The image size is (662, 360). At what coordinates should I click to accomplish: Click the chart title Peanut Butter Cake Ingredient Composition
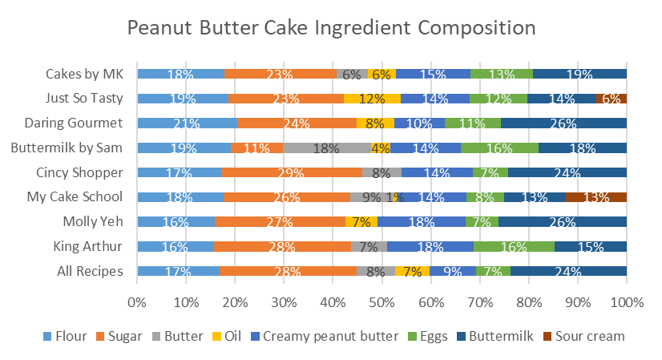[x=331, y=29]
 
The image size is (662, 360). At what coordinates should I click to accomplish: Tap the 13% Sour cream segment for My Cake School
[x=595, y=197]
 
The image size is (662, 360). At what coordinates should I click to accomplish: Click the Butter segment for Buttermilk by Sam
[x=327, y=148]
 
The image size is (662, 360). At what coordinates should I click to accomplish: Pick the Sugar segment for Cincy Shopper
[x=291, y=172]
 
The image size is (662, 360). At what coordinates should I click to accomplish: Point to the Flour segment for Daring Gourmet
[x=187, y=123]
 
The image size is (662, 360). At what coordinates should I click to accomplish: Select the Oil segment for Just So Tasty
[x=372, y=99]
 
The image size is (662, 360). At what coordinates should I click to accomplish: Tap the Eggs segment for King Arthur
[x=514, y=247]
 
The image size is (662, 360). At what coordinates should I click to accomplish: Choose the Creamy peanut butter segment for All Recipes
[x=453, y=271]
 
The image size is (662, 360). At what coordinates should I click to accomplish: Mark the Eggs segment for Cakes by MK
[x=502, y=75]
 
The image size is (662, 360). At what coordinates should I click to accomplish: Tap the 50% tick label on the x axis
[x=382, y=302]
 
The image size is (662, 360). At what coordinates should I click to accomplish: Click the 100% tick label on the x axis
[x=626, y=302]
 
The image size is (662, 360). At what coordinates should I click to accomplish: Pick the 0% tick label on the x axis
[x=137, y=302]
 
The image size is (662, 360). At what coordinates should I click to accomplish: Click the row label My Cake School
[x=87, y=197]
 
